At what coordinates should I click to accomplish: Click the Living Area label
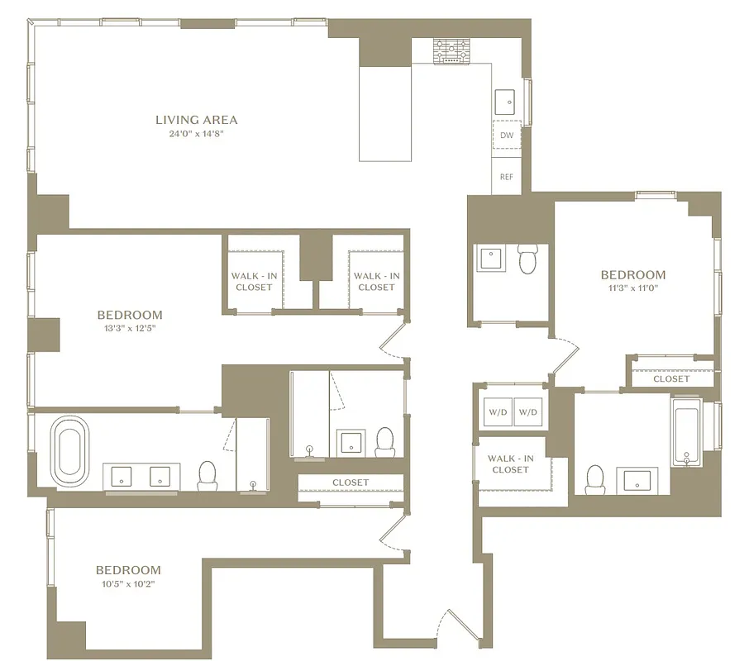(x=196, y=120)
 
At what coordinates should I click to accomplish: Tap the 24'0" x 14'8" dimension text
(x=196, y=134)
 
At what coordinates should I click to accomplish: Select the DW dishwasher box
(x=507, y=135)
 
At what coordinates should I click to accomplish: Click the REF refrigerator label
(x=507, y=176)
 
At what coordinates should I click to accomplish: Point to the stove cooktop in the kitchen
(x=451, y=51)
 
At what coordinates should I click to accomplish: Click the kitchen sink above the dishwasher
(x=505, y=102)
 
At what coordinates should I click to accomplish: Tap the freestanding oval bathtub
(x=70, y=450)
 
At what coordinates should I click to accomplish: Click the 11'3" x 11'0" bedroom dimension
(x=632, y=288)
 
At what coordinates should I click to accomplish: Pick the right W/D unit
(x=527, y=412)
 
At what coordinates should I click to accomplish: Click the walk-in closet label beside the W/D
(x=510, y=464)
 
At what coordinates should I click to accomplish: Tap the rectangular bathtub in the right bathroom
(x=686, y=432)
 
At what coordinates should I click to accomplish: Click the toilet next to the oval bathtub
(x=207, y=473)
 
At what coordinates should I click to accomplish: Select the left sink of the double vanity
(x=122, y=476)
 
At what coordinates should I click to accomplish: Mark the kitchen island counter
(x=384, y=113)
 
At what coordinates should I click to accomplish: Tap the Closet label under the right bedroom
(x=670, y=379)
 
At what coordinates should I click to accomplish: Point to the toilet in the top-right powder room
(x=528, y=259)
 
